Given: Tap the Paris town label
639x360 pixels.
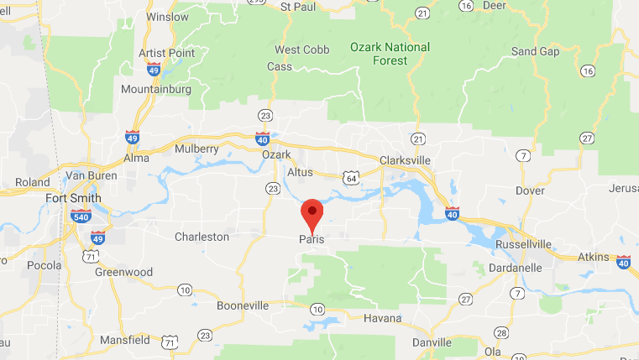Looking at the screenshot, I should point(311,240).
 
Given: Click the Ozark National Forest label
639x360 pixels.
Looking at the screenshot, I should point(390,54).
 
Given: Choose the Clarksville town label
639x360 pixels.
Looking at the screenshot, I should point(410,159).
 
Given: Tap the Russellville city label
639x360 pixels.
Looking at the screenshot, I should point(523,244).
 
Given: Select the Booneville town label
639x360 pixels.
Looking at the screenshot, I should point(242,305).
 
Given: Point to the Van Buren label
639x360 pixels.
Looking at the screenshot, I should point(89,175).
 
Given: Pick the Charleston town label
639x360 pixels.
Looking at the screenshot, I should point(202,237).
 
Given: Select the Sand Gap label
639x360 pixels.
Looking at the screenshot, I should point(535,51).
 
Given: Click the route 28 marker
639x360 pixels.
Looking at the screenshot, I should point(500,331).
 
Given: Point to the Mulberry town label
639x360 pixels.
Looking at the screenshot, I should point(196,149).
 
